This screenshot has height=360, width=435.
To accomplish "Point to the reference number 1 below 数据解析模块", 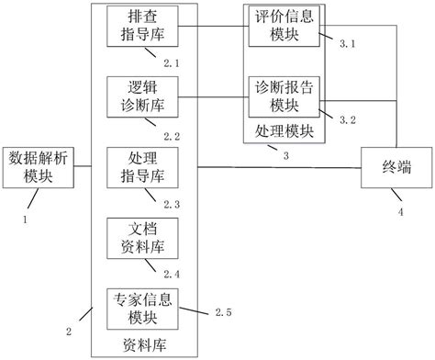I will pyautogui.click(x=27, y=219).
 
